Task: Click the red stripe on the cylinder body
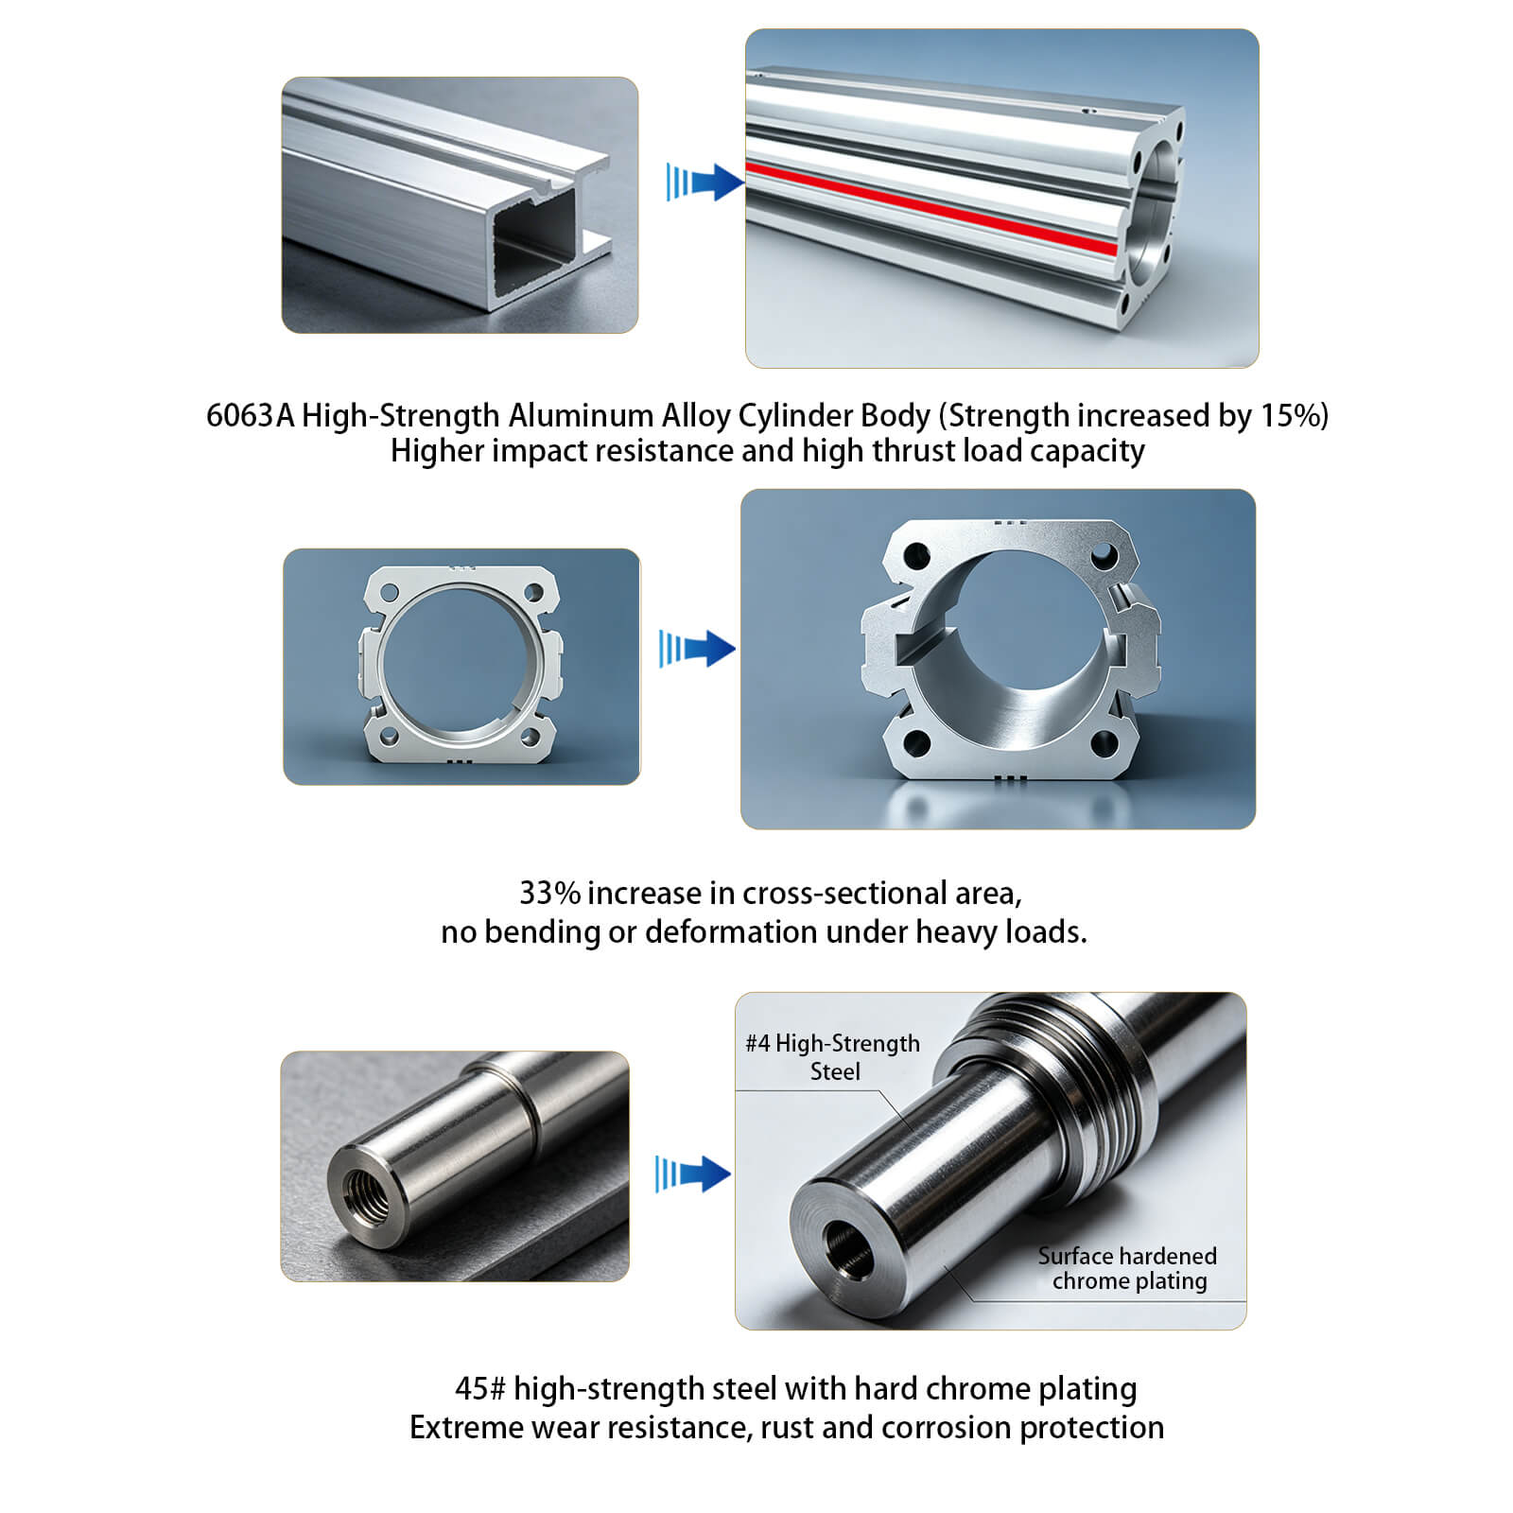tap(931, 209)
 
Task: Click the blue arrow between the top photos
tap(704, 182)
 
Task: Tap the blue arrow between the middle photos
tap(697, 649)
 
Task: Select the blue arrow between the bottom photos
tap(693, 1174)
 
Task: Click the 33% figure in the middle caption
tap(549, 893)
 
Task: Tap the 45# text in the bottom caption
tap(480, 1388)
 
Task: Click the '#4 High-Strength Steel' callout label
tap(833, 1057)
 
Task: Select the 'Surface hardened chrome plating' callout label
tap(1127, 1268)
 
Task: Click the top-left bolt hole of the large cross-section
tap(916, 556)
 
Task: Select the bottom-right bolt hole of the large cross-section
tap(1104, 744)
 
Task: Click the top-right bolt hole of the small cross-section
tap(533, 593)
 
